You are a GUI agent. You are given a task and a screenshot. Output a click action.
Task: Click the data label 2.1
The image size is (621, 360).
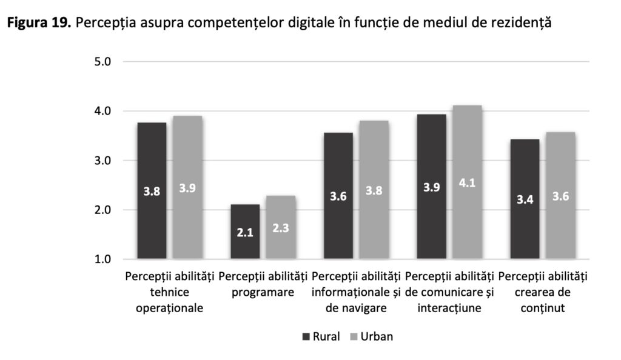(245, 232)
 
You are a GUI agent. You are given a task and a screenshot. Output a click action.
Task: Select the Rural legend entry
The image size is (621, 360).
(321, 337)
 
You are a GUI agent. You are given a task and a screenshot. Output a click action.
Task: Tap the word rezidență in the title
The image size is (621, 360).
(521, 23)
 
